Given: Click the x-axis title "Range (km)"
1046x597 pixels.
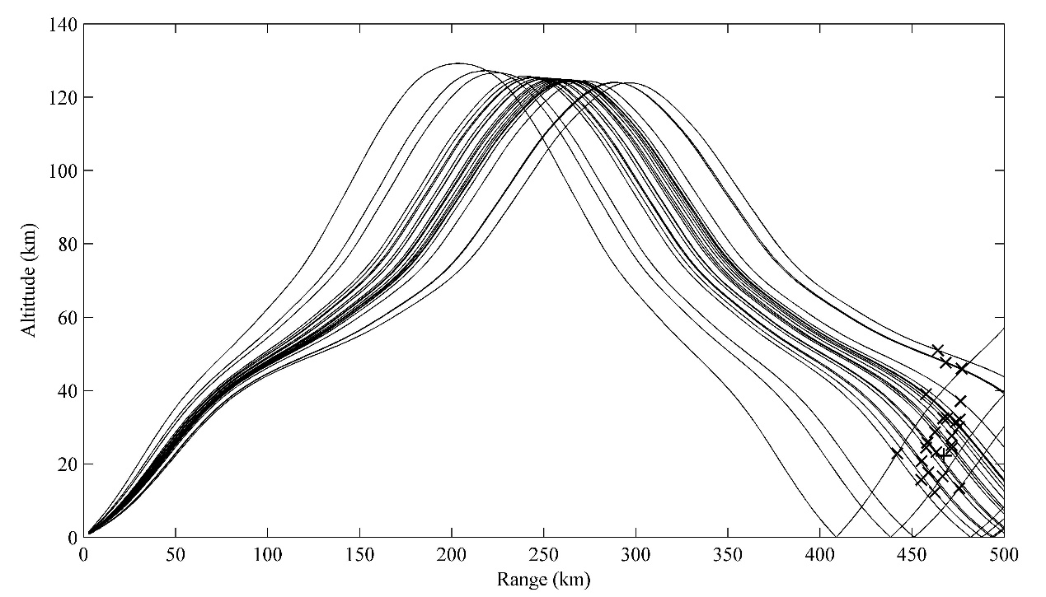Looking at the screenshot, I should (x=543, y=580).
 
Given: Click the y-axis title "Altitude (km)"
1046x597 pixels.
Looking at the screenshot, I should (x=29, y=280).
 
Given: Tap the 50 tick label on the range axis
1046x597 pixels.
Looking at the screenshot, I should (x=176, y=554).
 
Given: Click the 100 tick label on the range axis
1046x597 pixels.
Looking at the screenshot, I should (x=268, y=554).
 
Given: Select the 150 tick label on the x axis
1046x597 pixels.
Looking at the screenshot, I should (x=359, y=554).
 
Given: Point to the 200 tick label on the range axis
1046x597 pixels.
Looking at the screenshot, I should (x=452, y=554).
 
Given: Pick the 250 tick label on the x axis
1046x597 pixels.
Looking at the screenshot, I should (x=544, y=554).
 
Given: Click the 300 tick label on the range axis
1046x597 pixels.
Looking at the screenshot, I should (x=636, y=554).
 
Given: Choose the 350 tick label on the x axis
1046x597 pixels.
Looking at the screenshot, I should (x=728, y=554).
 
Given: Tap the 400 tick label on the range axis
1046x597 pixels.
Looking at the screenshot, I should (x=820, y=554).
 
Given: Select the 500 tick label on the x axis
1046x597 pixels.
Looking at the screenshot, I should (x=1003, y=554).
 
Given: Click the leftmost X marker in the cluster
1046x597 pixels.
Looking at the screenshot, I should (x=898, y=454).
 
